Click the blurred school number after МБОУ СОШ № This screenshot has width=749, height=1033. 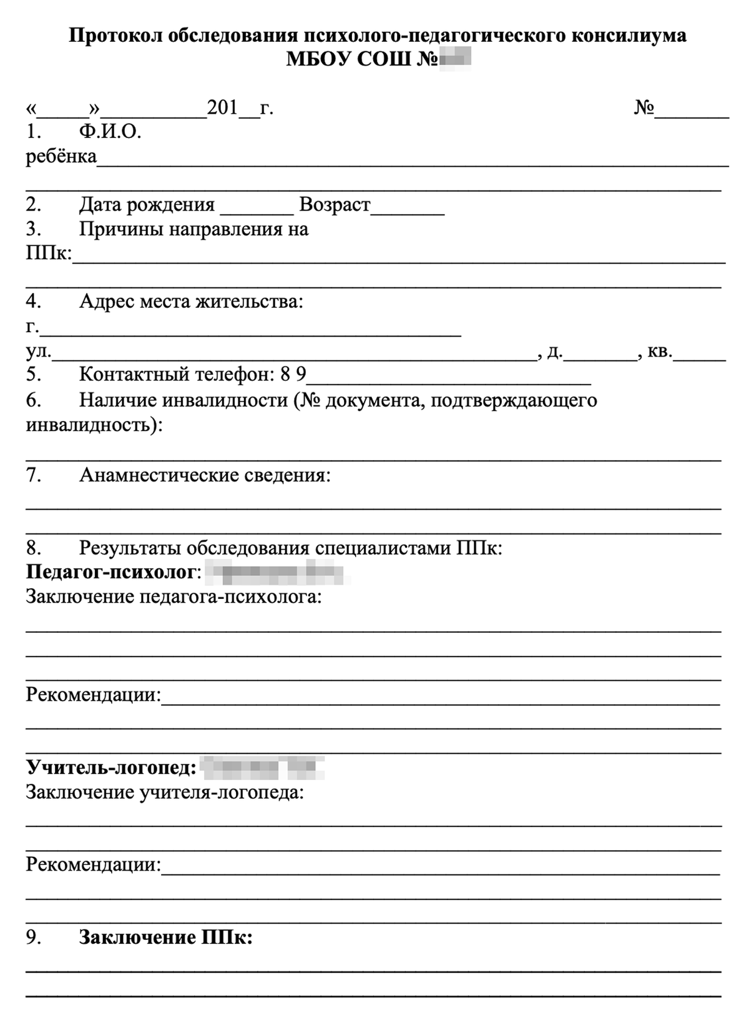[x=454, y=59]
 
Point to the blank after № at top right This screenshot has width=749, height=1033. [x=692, y=111]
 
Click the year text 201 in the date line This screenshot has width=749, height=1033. [x=222, y=108]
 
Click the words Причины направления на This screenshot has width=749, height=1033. [x=193, y=229]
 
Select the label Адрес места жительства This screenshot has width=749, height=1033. [x=190, y=302]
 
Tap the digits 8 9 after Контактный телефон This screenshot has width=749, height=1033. [x=293, y=375]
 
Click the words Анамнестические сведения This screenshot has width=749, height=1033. [x=204, y=476]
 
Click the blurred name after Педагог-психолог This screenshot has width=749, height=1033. [x=275, y=571]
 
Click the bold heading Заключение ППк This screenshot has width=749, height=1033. [x=165, y=938]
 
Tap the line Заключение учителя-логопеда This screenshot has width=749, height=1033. [x=165, y=793]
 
